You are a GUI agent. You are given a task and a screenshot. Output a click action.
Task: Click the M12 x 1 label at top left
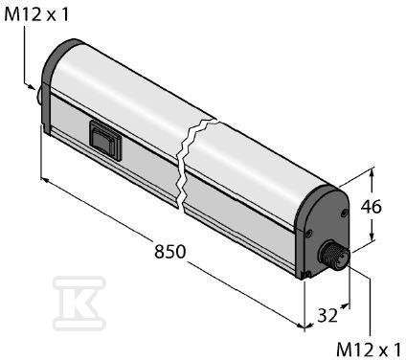click(x=36, y=14)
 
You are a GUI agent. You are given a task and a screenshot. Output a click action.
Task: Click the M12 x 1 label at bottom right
click(x=369, y=349)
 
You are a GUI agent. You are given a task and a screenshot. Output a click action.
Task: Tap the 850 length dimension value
click(x=169, y=251)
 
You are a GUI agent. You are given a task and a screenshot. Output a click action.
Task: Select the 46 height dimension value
click(x=372, y=207)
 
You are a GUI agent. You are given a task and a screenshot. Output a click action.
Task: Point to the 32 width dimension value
click(x=327, y=315)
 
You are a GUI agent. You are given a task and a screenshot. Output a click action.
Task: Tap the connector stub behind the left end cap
click(x=39, y=96)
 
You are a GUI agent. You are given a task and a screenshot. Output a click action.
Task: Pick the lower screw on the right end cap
click(x=307, y=234)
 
